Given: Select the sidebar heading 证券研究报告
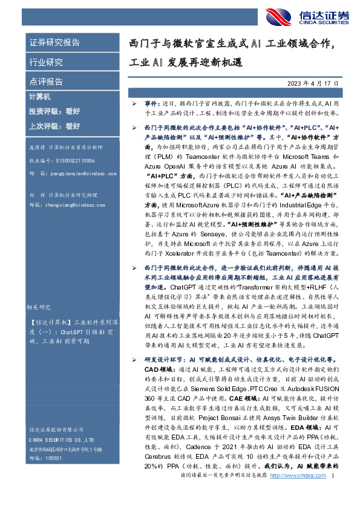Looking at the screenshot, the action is point(54,43).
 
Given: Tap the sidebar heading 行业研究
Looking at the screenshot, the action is point(46,62).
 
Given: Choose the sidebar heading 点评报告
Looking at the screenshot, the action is point(46,81).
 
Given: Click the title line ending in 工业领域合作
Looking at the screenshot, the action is point(240,44).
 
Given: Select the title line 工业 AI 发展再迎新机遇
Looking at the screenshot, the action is point(185,62).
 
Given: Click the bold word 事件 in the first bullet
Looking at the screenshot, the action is point(150,104).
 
